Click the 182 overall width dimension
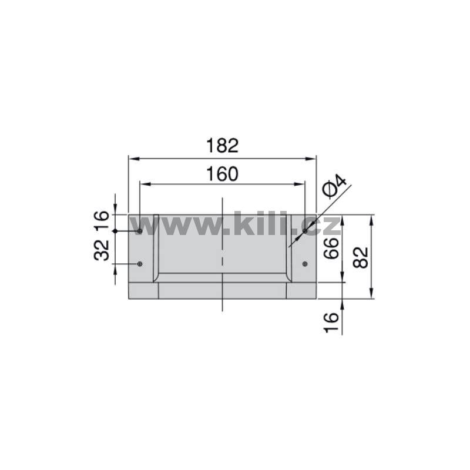[x=223, y=146]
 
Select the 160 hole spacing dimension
[x=223, y=174]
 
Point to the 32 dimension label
[x=102, y=250]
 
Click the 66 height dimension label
[x=331, y=248]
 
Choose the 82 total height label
[x=360, y=257]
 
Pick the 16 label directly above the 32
[x=102, y=220]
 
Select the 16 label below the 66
[x=331, y=323]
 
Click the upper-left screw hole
[x=139, y=231]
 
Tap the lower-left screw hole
[x=139, y=264]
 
